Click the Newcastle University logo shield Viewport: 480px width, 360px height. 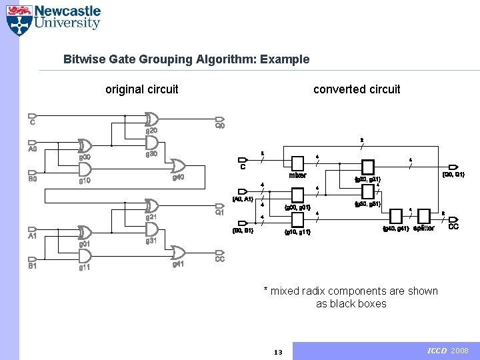tap(18, 19)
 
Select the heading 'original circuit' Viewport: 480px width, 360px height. tap(142, 89)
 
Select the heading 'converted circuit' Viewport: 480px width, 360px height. tap(357, 89)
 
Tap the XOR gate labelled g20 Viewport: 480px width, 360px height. tap(151, 118)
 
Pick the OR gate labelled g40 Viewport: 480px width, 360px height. tap(179, 165)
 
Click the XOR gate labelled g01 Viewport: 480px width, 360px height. tap(85, 231)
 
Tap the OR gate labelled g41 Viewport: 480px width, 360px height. tap(179, 252)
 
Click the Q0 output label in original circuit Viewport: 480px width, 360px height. tap(220, 125)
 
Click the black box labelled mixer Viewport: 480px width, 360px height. tap(297, 164)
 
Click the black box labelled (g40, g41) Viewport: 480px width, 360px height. tap(395, 215)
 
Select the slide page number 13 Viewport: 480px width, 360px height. tap(279, 352)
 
